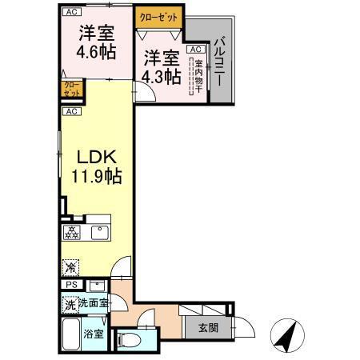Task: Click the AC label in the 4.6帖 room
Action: pos(71,12)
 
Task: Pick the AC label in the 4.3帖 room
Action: pos(194,49)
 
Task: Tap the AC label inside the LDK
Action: pos(71,111)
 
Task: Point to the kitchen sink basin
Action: pos(99,233)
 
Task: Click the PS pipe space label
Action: pos(70,285)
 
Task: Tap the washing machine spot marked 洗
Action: pos(70,304)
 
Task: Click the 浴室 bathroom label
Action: pos(94,334)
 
